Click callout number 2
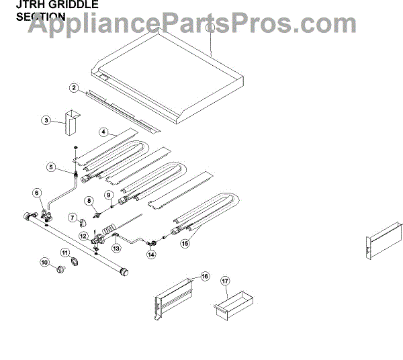(75, 87)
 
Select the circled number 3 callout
(46, 120)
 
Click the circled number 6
(37, 193)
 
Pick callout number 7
(72, 217)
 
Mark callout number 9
(107, 195)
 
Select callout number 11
(65, 253)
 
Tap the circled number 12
(83, 236)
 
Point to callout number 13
(116, 247)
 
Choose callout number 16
(205, 275)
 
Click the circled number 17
(225, 282)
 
